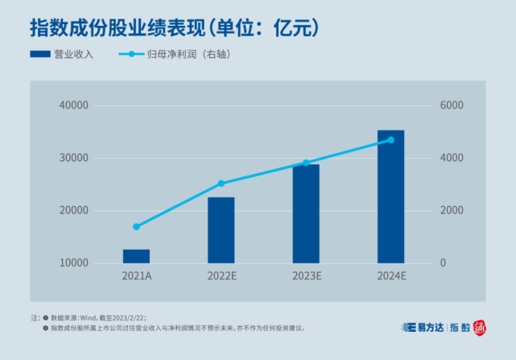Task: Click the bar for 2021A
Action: coord(136,256)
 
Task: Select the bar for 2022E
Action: coord(221,230)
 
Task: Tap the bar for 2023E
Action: coord(306,213)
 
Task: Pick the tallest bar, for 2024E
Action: coord(390,197)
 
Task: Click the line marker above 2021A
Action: coord(136,226)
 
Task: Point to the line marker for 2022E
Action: coord(221,184)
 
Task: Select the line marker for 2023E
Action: coord(306,163)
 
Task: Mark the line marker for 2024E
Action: coord(390,140)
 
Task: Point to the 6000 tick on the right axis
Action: coord(451,106)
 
